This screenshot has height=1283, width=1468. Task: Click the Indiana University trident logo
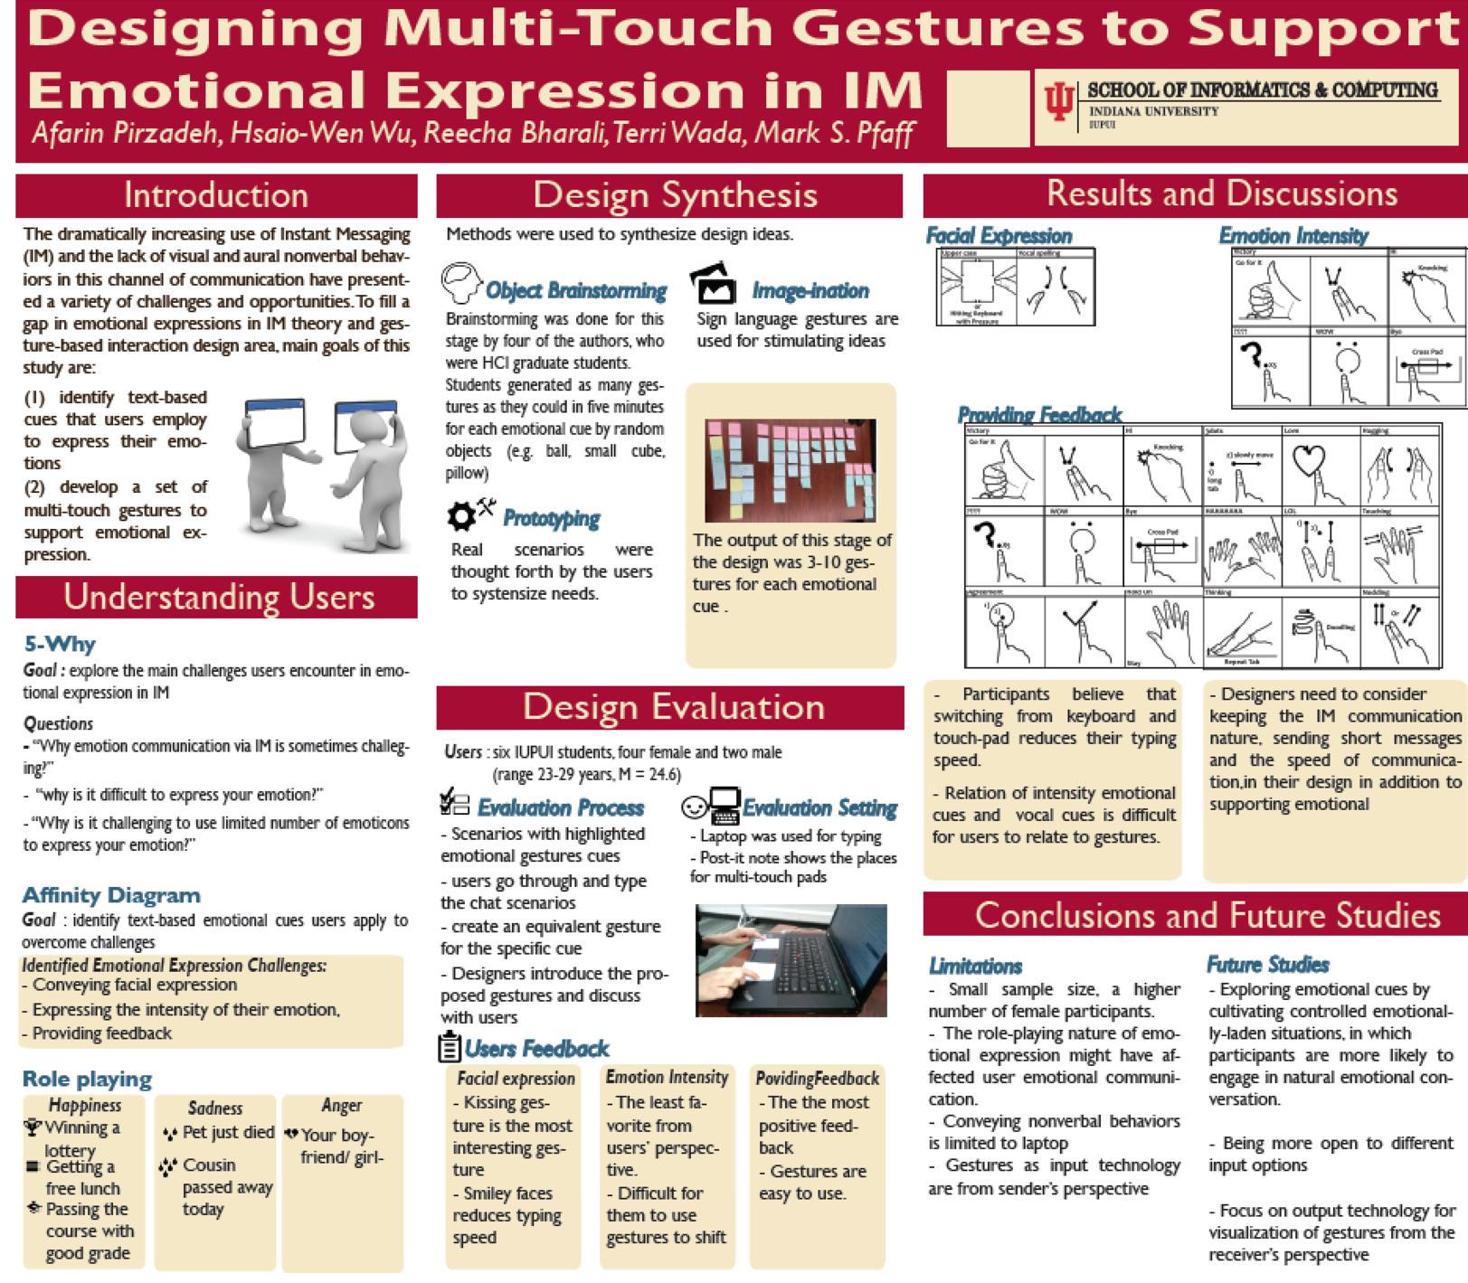pyautogui.click(x=1059, y=102)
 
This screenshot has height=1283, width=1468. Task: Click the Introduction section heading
pyautogui.click(x=216, y=195)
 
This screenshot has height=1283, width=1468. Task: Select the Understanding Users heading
pyautogui.click(x=218, y=597)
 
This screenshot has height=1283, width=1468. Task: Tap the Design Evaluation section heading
pyautogui.click(x=673, y=707)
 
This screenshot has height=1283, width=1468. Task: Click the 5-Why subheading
pyautogui.click(x=60, y=644)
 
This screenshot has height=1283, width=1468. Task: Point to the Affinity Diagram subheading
pyautogui.click(x=111, y=895)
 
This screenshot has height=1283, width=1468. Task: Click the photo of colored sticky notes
pyautogui.click(x=790, y=470)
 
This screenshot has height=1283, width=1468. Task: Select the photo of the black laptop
pyautogui.click(x=791, y=960)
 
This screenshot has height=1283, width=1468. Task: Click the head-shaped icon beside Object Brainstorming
pyautogui.click(x=461, y=283)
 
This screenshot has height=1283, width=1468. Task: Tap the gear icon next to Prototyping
pyautogui.click(x=462, y=516)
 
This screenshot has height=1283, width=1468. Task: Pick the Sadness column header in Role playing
pyautogui.click(x=215, y=1108)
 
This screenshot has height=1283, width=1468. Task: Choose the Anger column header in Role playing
pyautogui.click(x=342, y=1105)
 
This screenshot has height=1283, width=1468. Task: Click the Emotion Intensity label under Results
pyautogui.click(x=1293, y=236)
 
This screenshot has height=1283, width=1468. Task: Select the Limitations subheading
pyautogui.click(x=975, y=966)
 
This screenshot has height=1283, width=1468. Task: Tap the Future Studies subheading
pyautogui.click(x=1267, y=965)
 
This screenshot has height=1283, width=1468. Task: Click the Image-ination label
pyautogui.click(x=810, y=291)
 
